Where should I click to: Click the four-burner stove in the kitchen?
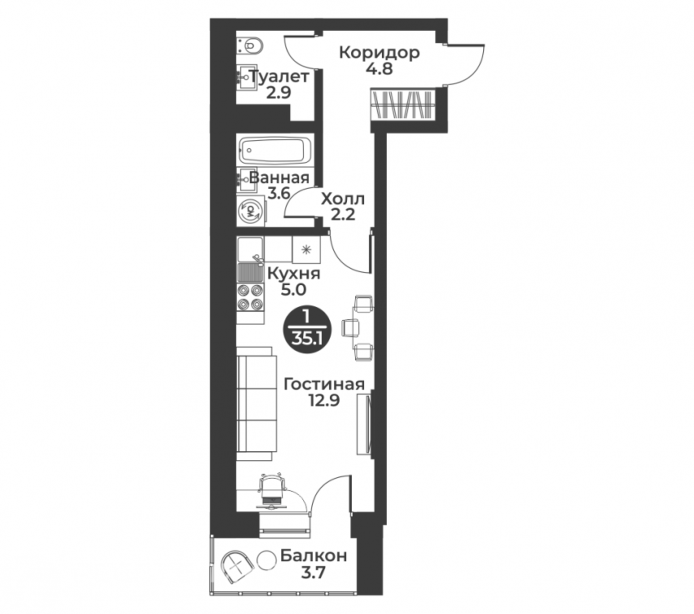tap(250, 297)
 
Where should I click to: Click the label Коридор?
tap(379, 53)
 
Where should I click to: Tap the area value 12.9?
tap(324, 400)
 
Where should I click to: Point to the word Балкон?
tap(313, 555)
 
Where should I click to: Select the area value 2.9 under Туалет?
tap(278, 92)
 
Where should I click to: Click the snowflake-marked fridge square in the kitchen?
tap(306, 250)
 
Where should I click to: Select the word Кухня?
tap(294, 274)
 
